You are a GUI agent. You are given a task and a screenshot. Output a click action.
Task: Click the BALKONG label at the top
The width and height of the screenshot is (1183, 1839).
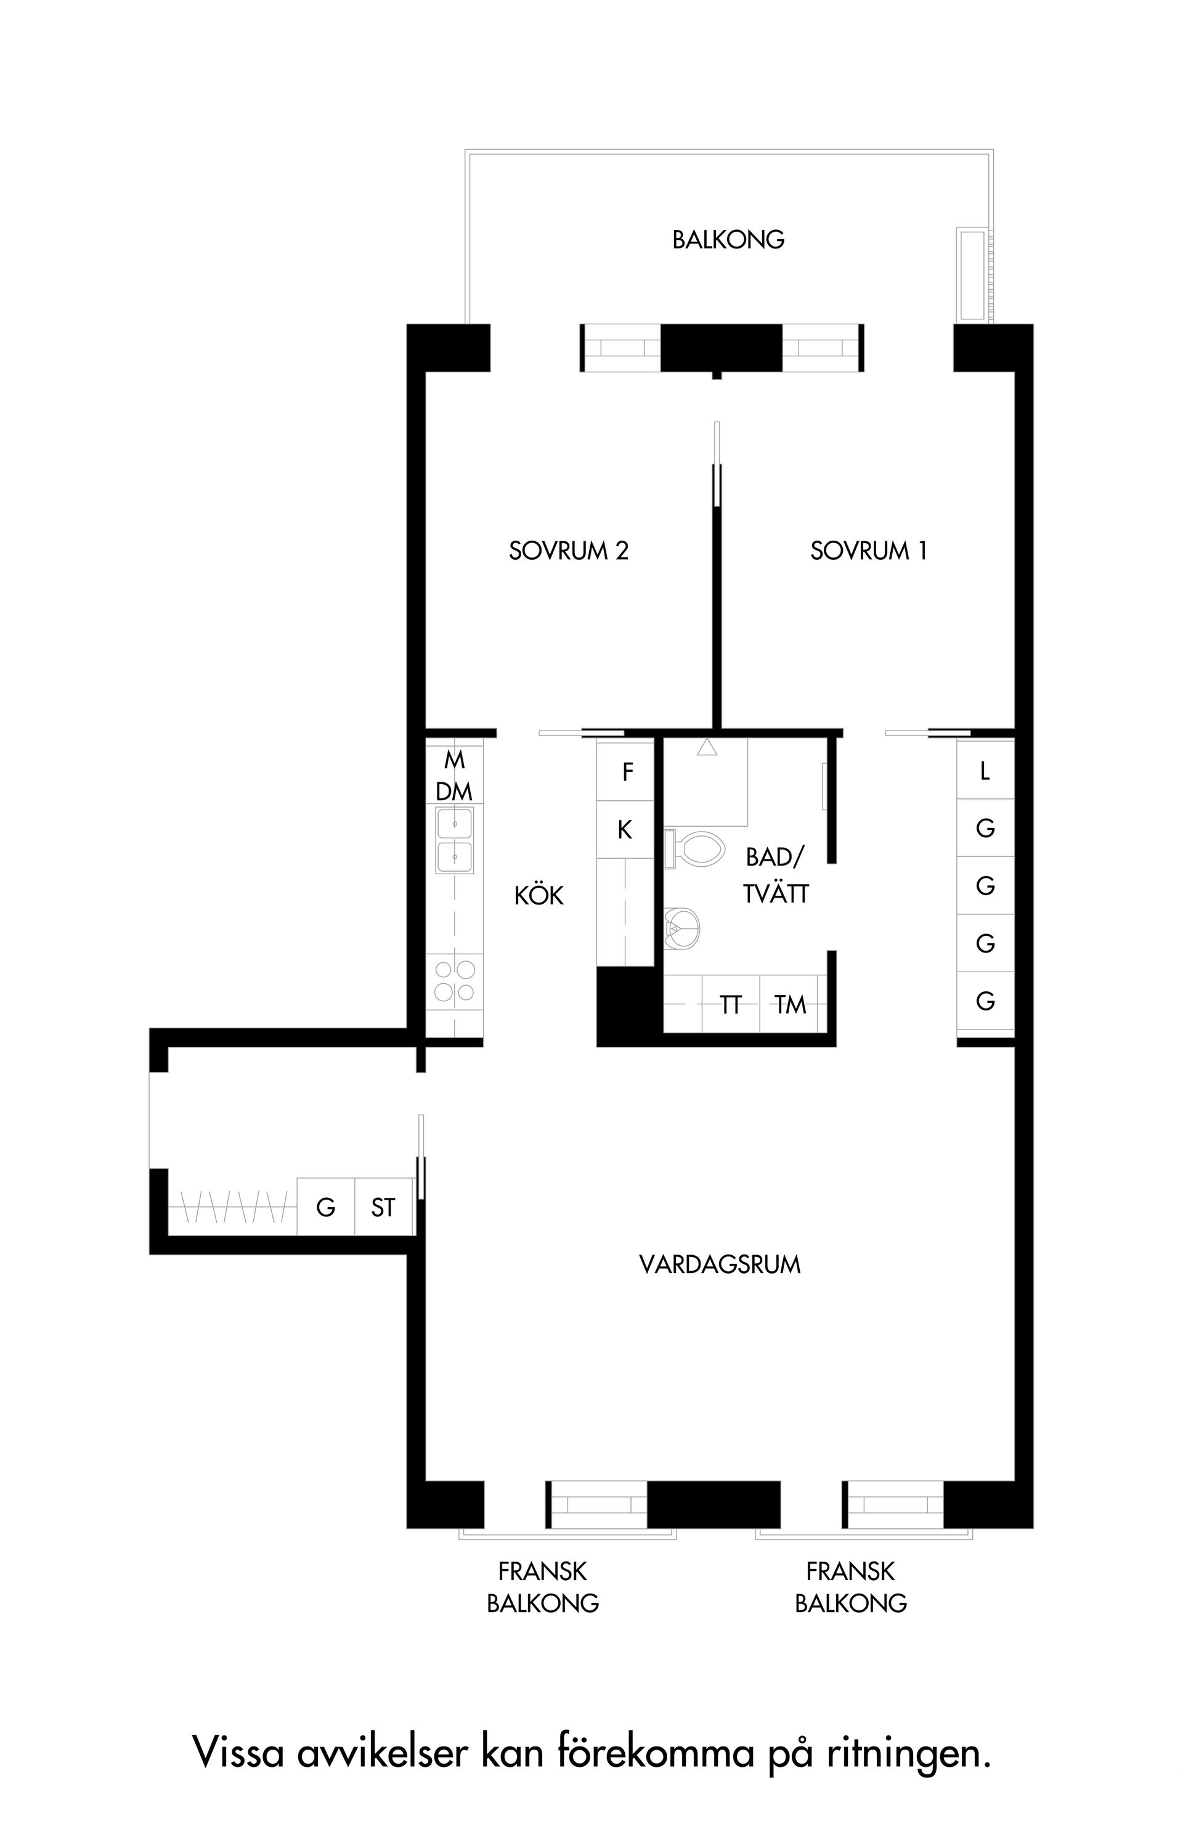(728, 240)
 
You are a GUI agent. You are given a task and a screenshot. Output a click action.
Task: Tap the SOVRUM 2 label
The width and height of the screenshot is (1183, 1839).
(569, 551)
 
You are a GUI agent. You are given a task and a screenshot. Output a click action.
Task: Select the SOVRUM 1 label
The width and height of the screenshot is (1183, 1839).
(868, 551)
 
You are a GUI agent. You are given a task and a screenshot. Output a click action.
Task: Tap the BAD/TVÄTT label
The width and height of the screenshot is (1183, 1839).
(776, 875)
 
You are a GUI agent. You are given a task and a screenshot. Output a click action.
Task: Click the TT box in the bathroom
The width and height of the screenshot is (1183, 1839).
(731, 1004)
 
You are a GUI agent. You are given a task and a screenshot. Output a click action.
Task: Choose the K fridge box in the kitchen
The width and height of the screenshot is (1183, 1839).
(625, 830)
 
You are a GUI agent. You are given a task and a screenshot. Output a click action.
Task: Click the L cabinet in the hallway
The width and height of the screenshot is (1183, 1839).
(986, 770)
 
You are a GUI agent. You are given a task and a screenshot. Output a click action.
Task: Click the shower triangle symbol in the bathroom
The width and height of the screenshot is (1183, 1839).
(707, 748)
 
